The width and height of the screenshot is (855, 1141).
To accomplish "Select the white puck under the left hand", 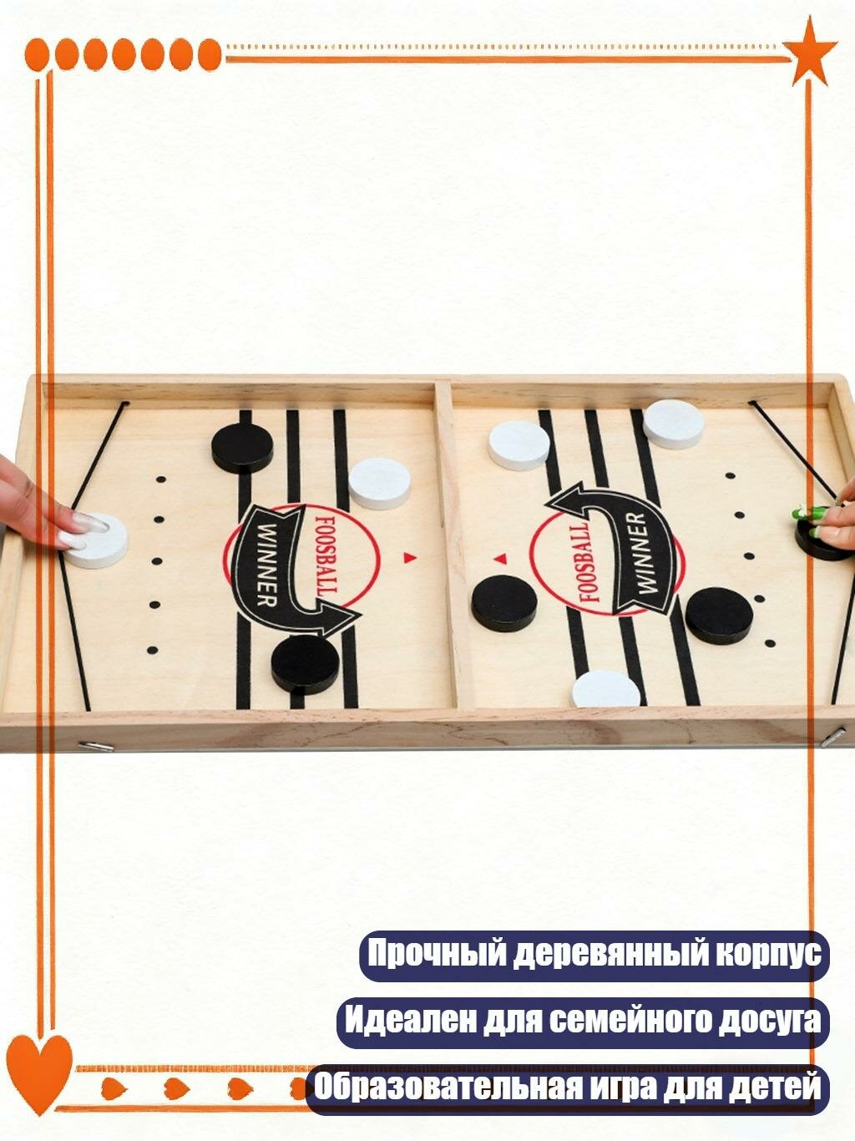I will [96, 539].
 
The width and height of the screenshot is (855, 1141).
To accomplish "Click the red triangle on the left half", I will [409, 556].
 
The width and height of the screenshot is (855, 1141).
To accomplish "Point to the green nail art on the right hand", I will [808, 514].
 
